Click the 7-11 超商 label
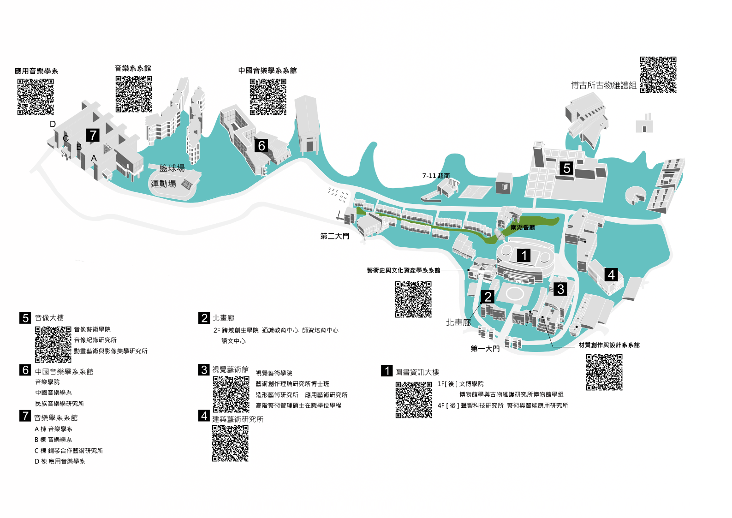click(x=436, y=176)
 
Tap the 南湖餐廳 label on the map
click(x=523, y=227)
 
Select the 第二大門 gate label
click(x=334, y=236)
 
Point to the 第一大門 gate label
click(x=485, y=349)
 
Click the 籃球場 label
click(x=172, y=168)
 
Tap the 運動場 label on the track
click(x=163, y=184)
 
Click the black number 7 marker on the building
click(x=93, y=135)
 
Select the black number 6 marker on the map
click(x=262, y=146)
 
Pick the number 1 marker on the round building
click(x=524, y=255)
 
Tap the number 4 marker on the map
click(x=611, y=275)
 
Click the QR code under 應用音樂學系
click(x=36, y=97)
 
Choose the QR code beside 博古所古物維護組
click(x=658, y=75)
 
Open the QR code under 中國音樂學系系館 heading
click(x=268, y=97)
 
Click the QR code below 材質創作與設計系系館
click(x=604, y=372)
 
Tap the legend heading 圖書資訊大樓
click(x=417, y=372)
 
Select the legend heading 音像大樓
click(x=49, y=318)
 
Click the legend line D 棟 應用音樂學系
click(x=60, y=461)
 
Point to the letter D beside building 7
click(x=53, y=124)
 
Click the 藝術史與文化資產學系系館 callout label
click(x=404, y=270)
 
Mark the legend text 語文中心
click(x=233, y=341)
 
